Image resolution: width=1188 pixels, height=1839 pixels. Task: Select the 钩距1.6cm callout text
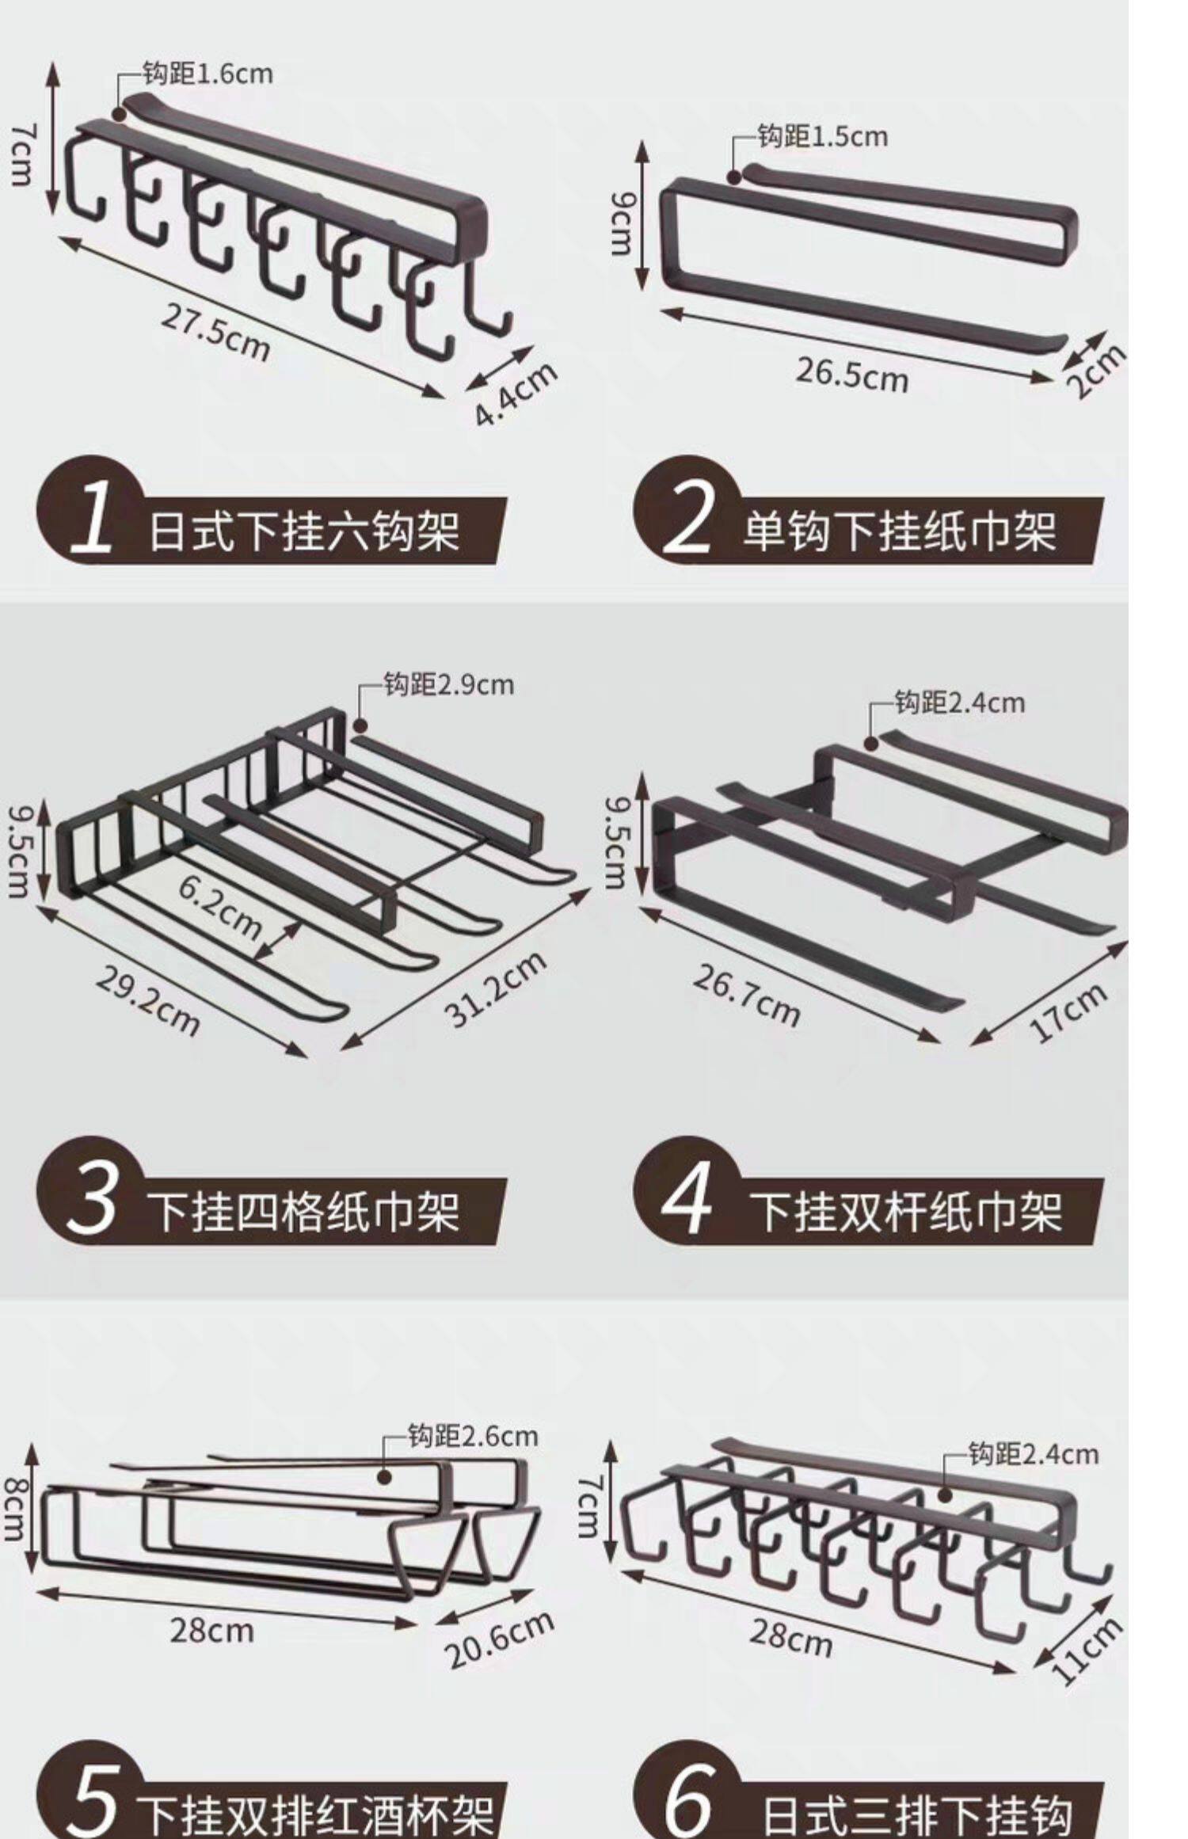(x=208, y=74)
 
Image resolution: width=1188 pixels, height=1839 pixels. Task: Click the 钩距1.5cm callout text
(x=823, y=136)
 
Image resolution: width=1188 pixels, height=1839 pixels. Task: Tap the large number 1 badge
(x=92, y=516)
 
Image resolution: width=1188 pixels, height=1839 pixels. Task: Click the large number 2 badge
(x=687, y=516)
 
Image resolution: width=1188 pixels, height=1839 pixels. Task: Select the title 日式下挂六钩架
(x=305, y=530)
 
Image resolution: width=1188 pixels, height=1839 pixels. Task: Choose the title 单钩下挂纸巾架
(x=900, y=530)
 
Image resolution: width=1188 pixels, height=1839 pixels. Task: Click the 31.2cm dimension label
(x=497, y=988)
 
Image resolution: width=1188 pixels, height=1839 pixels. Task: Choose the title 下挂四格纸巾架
(x=305, y=1212)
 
